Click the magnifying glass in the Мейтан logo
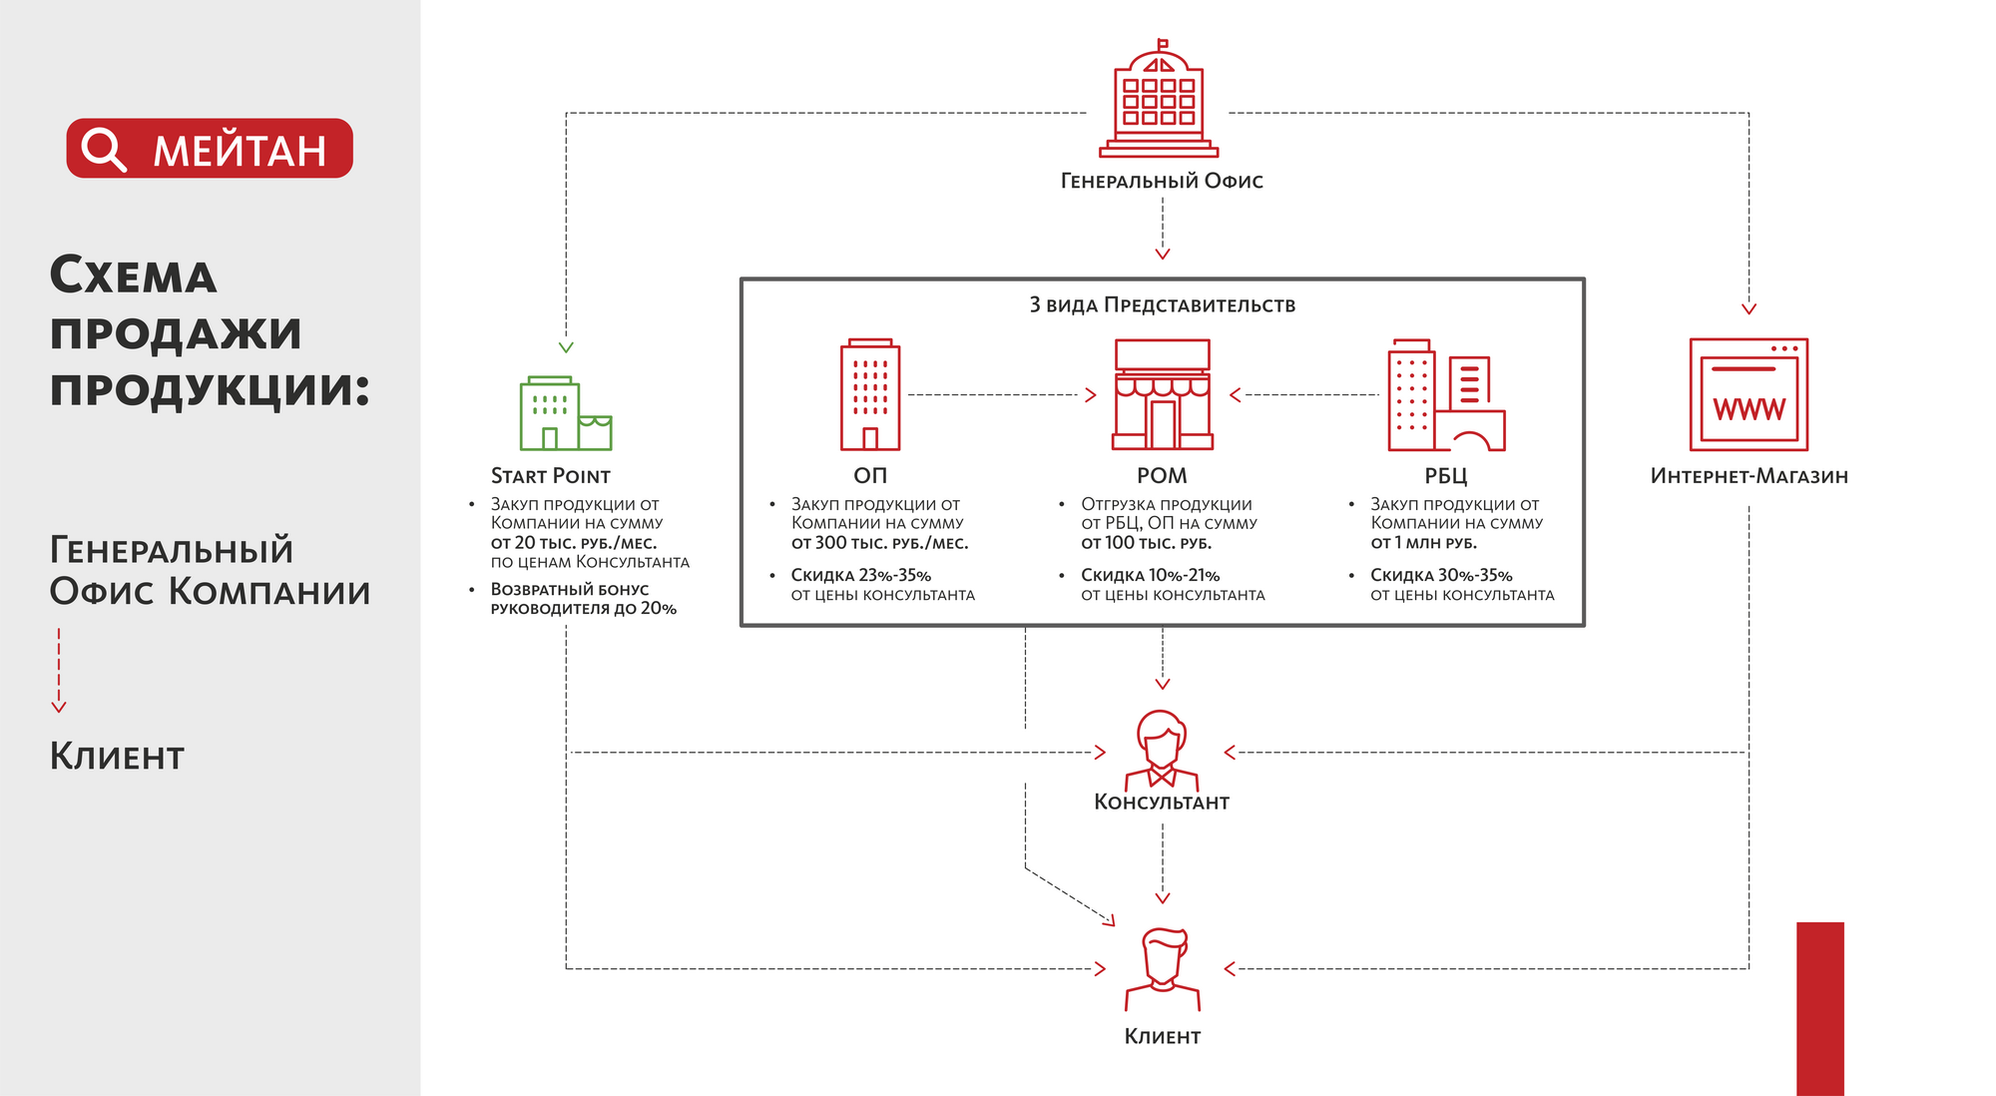(103, 149)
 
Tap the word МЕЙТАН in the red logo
(240, 151)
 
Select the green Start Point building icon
(565, 413)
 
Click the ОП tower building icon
(870, 395)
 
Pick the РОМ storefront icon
(1162, 395)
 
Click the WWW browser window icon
(1748, 395)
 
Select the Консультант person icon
(1162, 749)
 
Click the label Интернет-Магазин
(1748, 476)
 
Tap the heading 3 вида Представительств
(1162, 305)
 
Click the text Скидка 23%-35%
(860, 576)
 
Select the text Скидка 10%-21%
(1150, 576)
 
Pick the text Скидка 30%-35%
(1441, 576)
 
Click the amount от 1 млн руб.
(1423, 543)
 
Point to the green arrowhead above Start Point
(566, 347)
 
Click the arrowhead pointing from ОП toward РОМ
(1091, 395)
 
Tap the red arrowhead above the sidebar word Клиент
(59, 707)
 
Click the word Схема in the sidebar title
(133, 276)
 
